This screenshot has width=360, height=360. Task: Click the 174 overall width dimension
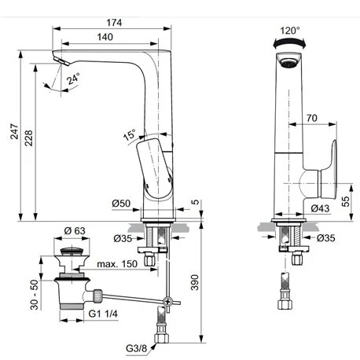point(114,23)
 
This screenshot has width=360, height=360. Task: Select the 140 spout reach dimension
point(105,37)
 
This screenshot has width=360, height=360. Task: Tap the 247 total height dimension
point(14,131)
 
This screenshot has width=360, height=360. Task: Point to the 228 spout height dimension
point(28,138)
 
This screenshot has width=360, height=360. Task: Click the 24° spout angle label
point(73,79)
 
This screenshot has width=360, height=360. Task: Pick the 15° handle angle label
point(130,134)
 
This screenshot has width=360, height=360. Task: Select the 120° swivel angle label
point(290,31)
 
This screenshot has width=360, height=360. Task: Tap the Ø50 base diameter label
point(121,204)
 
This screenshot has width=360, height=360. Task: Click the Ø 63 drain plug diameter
point(75,230)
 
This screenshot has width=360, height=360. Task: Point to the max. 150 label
point(117,264)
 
